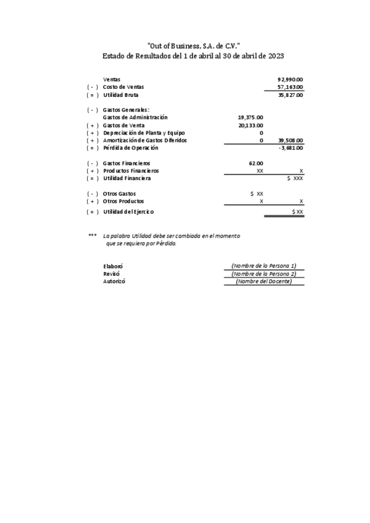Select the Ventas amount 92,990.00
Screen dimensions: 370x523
(290, 80)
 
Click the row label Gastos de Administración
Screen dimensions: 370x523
(135, 117)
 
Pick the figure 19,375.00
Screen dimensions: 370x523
(250, 117)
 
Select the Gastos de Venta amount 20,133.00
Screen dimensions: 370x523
(250, 125)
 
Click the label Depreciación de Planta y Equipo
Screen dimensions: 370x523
(144, 133)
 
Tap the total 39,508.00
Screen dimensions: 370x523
(290, 141)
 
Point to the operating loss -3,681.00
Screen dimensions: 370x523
(291, 148)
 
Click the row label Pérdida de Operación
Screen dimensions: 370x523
(131, 148)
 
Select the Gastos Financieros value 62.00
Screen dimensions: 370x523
(256, 163)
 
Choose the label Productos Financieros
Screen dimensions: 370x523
(131, 171)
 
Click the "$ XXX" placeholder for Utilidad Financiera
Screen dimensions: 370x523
(295, 178)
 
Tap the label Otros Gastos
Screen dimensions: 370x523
(119, 194)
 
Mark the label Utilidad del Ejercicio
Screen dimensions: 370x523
(128, 212)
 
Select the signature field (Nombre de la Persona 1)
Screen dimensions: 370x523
(264, 266)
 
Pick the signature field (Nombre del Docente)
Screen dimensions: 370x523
(264, 281)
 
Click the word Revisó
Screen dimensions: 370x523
(112, 273)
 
